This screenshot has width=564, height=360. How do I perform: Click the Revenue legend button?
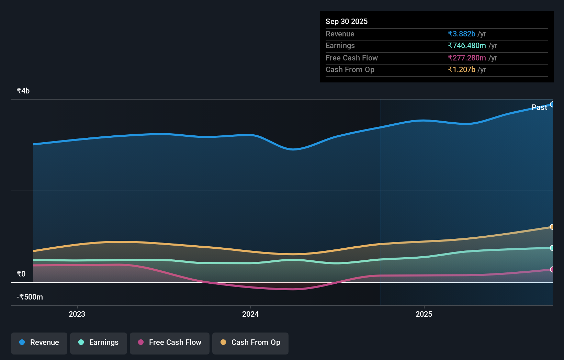[x=39, y=342]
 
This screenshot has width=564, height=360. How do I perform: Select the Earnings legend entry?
[x=99, y=342]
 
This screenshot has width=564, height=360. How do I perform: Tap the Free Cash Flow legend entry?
[x=170, y=342]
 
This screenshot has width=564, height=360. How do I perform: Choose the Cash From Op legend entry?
[x=250, y=342]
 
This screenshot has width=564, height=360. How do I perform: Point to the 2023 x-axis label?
[x=77, y=314]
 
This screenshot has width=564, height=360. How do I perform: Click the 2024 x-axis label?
[x=250, y=314]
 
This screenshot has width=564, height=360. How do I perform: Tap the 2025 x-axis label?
[x=424, y=314]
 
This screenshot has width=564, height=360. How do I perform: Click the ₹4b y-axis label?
[x=23, y=91]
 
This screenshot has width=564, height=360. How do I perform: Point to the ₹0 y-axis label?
[x=21, y=274]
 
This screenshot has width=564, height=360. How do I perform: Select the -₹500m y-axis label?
[x=30, y=297]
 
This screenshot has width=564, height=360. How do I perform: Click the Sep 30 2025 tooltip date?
[x=347, y=21]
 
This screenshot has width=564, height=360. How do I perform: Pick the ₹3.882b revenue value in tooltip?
[x=462, y=34]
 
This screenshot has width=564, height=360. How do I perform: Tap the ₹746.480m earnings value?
[x=467, y=45]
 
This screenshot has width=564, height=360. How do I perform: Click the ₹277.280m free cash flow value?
[x=467, y=58]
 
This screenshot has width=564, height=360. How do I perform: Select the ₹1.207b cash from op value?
[x=462, y=69]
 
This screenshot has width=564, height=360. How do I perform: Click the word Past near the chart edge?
[x=539, y=107]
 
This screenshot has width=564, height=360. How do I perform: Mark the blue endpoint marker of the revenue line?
[x=552, y=104]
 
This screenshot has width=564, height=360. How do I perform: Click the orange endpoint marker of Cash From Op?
[x=552, y=227]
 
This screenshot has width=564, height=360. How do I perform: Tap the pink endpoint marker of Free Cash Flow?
[x=552, y=269]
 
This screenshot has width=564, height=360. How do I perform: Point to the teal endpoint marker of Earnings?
[x=552, y=248]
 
